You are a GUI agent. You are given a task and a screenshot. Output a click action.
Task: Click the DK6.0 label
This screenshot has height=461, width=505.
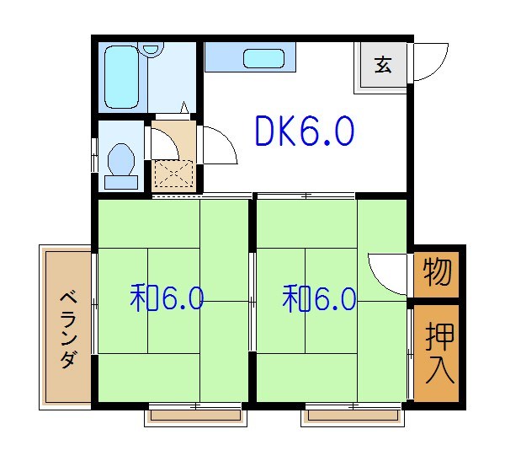point(304,131)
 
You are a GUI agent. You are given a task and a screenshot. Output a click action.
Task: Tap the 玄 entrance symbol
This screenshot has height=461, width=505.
point(384,64)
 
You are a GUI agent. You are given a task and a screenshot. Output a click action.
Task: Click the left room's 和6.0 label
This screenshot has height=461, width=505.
point(167,298)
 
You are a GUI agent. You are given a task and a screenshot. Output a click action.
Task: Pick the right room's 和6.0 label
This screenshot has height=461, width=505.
point(320,298)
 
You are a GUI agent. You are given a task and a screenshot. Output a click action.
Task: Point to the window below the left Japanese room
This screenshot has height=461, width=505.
point(194,413)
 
